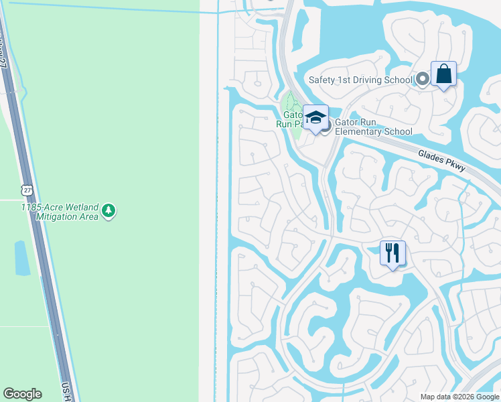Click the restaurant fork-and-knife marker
pyautogui.click(x=392, y=253)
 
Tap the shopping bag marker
pyautogui.click(x=443, y=74)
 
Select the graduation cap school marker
pyautogui.click(x=315, y=117)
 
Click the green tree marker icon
pyautogui.click(x=109, y=212)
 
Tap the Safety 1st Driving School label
pyautogui.click(x=360, y=80)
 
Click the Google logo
pyautogui.click(x=22, y=394)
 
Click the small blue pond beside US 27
pyautogui.click(x=21, y=258)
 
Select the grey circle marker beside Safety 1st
pyautogui.click(x=422, y=80)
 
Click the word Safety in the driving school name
pyautogui.click(x=323, y=80)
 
